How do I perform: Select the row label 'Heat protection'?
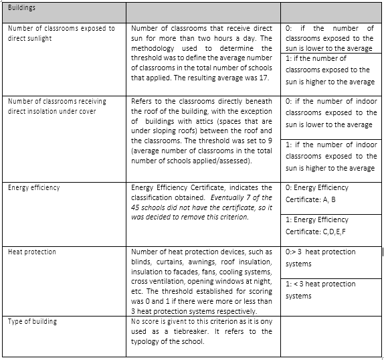point(32,252)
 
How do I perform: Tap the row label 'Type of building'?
point(33,322)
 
